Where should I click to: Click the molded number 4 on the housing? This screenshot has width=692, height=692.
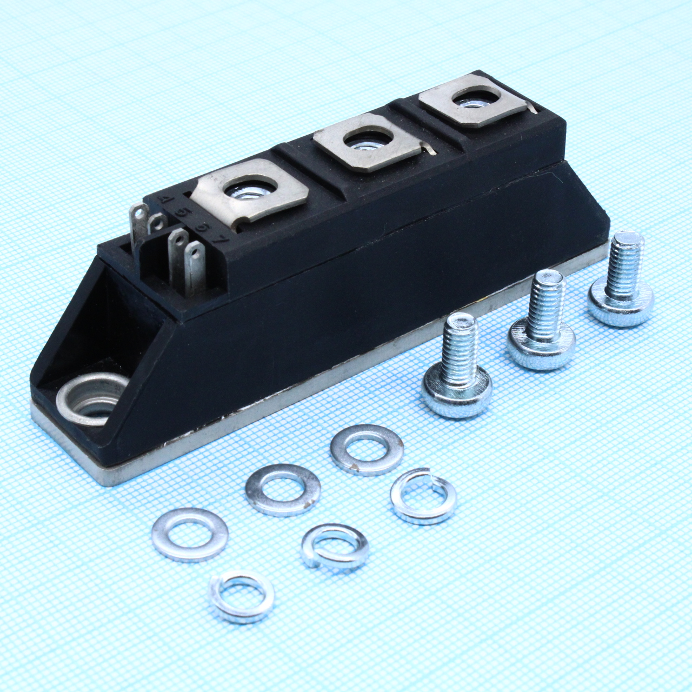pyautogui.click(x=167, y=201)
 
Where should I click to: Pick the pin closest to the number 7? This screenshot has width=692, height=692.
pyautogui.click(x=194, y=264)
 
